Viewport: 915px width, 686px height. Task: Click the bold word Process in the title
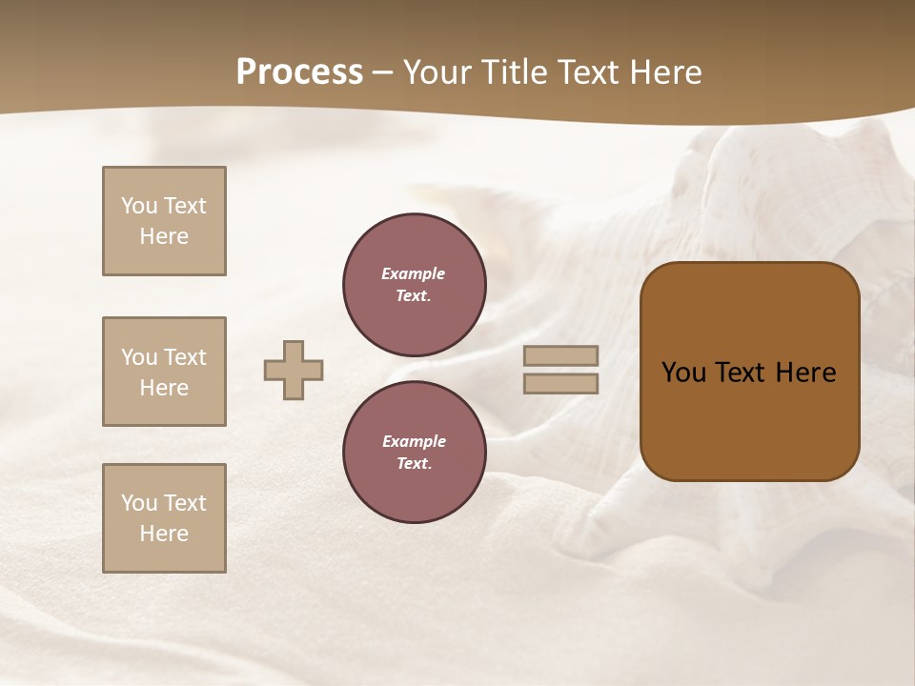point(299,72)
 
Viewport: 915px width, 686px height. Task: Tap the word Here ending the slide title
point(664,72)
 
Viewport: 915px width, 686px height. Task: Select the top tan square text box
point(164,221)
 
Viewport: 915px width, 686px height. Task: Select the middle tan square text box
point(164,372)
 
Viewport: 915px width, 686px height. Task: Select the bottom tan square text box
point(164,518)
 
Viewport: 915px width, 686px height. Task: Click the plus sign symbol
point(294,370)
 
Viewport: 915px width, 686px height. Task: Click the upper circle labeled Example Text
point(415,285)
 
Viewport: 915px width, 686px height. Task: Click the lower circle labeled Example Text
point(415,453)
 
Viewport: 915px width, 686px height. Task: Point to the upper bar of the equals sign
point(561,356)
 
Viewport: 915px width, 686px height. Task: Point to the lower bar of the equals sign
point(561,383)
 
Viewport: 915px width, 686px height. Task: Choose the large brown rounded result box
point(750,372)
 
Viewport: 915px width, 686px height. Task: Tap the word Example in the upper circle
point(414,273)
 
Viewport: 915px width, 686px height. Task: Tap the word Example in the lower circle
point(414,441)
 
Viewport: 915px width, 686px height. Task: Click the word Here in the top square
point(164,236)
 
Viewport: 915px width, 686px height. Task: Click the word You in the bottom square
point(138,503)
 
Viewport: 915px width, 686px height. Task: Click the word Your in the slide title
point(437,72)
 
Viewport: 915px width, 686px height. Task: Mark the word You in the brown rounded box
point(683,373)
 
